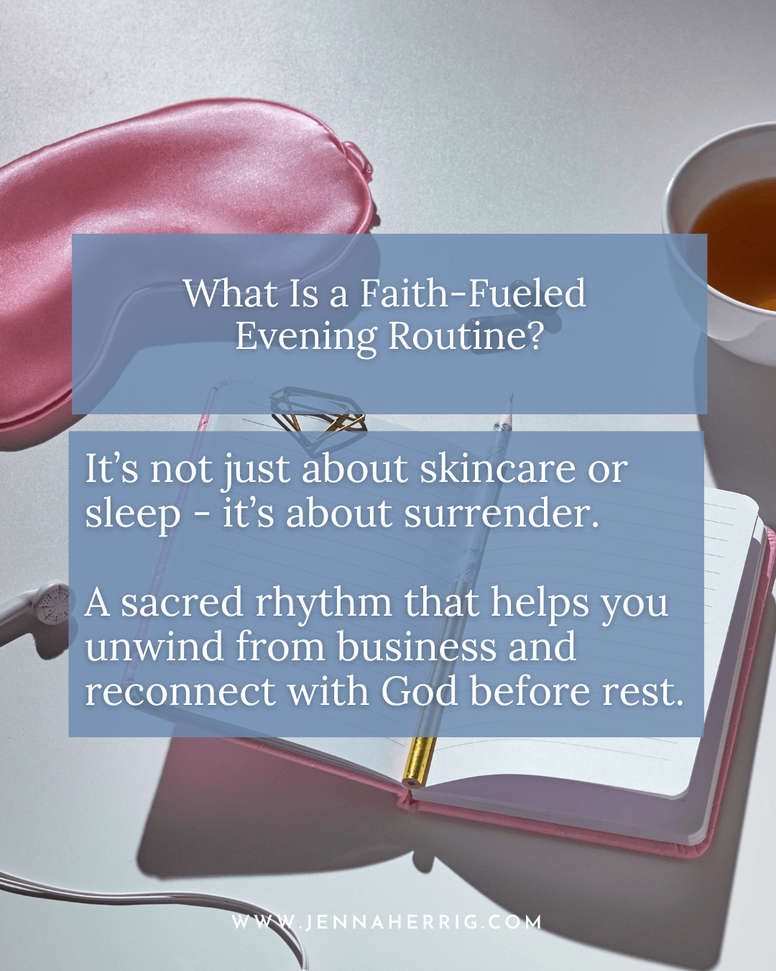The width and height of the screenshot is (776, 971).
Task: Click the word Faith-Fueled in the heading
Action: (x=473, y=293)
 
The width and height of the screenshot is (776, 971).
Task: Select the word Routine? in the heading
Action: (x=464, y=335)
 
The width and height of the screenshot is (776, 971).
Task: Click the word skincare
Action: (x=497, y=468)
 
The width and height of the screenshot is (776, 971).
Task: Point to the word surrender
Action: (x=502, y=514)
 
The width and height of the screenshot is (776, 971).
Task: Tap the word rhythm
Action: (x=323, y=606)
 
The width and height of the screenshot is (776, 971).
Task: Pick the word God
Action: (x=420, y=690)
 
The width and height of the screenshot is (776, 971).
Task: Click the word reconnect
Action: (x=180, y=692)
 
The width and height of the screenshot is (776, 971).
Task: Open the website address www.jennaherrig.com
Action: (x=387, y=922)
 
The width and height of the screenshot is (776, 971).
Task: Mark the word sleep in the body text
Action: (x=133, y=517)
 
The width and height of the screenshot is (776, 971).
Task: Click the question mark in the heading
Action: (x=532, y=335)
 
